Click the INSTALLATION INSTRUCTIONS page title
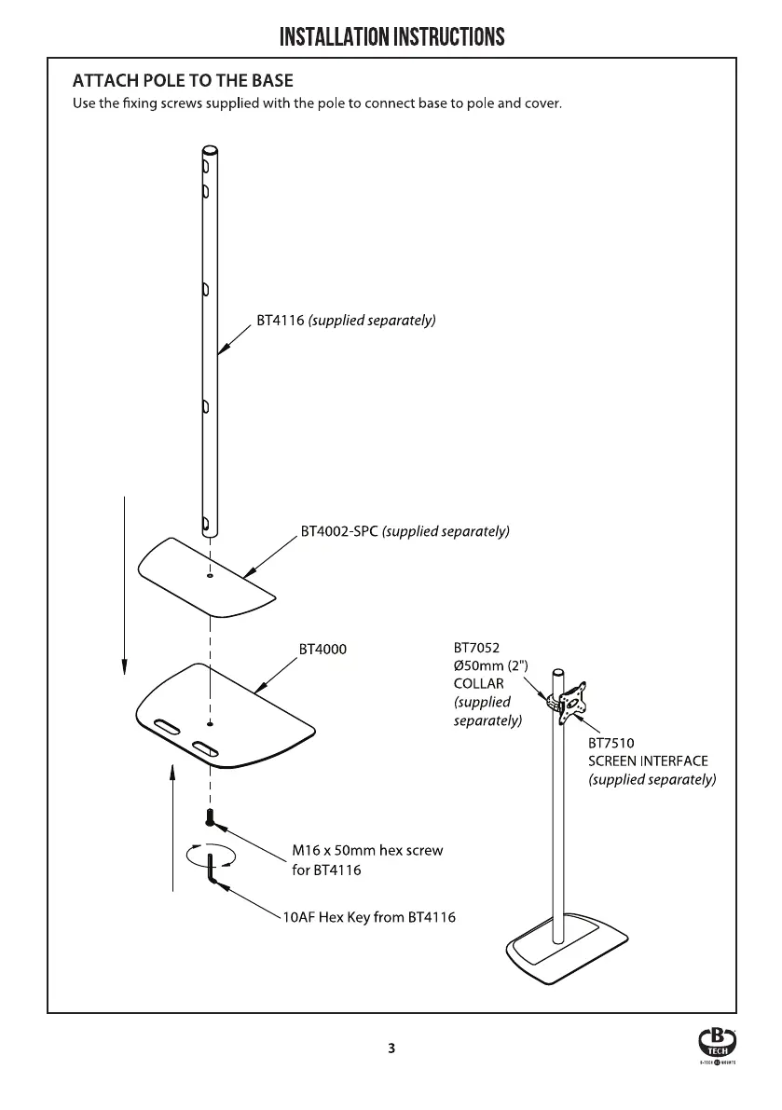click(392, 36)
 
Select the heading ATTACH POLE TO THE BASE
click(183, 81)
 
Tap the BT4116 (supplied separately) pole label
click(346, 321)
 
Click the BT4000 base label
click(322, 650)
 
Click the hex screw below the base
click(210, 817)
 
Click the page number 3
click(391, 1048)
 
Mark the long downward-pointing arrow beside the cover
click(125, 585)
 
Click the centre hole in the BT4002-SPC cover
click(210, 576)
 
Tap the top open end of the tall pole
click(211, 151)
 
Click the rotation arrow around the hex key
click(211, 856)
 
